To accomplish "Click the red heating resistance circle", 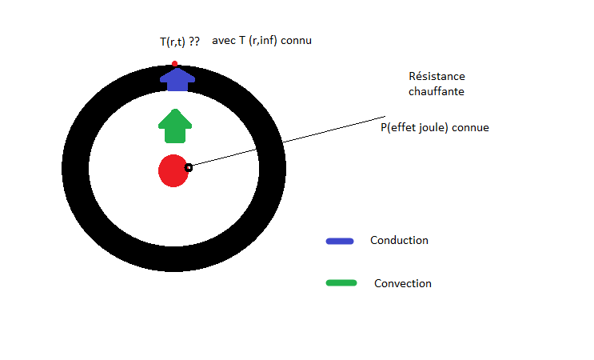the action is coord(172,170).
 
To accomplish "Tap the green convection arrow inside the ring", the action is coord(175,126).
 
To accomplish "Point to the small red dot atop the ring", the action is coord(174,63).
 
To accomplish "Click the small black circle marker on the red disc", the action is coord(189,168).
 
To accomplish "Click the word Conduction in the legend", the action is coord(399,240).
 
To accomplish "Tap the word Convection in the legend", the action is coord(402,283).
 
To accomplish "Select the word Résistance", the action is coord(437,77).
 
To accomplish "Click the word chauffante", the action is coord(437,92).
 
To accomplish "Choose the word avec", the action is coord(223,41).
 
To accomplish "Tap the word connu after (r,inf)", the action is coord(296,41).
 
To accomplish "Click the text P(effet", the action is coord(399,127).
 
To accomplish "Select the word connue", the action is coord(471,127).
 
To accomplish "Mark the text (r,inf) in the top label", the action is coord(263,41).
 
